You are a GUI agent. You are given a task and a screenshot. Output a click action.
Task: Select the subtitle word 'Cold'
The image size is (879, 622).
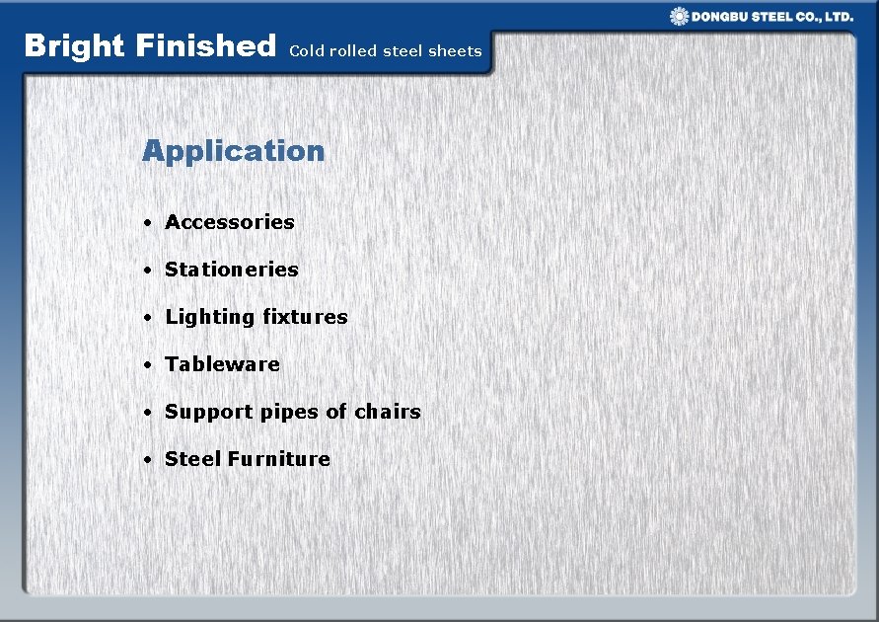306,51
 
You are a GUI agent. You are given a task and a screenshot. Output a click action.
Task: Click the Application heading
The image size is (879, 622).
233,151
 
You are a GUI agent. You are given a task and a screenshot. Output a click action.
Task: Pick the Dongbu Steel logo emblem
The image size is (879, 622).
679,16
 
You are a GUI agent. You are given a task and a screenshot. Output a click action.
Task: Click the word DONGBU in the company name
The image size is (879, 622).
720,17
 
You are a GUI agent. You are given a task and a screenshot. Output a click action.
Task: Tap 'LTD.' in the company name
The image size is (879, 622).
839,17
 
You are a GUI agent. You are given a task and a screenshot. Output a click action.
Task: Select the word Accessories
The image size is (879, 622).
230,222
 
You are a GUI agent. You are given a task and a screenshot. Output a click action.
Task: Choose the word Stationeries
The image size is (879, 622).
232,270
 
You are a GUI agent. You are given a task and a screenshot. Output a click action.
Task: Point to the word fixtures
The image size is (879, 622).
306,317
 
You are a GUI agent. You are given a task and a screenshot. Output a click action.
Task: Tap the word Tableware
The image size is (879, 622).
223,364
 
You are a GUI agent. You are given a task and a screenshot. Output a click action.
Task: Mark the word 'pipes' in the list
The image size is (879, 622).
263,412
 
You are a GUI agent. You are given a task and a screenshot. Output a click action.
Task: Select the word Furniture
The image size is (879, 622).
279,459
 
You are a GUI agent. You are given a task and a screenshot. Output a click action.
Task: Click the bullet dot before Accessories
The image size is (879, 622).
145,223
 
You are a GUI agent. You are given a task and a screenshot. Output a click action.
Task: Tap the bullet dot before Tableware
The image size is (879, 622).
145,365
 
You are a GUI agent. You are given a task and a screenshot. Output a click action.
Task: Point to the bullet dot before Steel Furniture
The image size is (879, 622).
145,460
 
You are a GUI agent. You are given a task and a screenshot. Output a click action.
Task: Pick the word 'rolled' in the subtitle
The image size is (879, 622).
353,51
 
